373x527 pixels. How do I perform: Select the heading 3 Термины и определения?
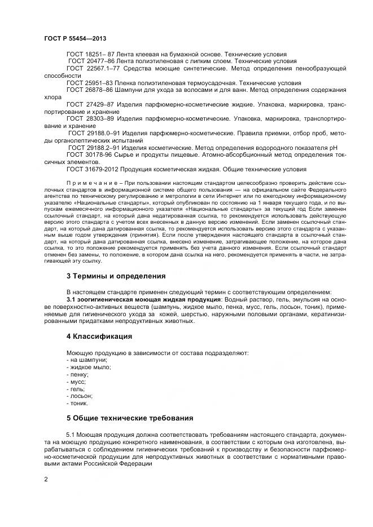pos(116,276)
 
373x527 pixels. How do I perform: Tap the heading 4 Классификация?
pos(99,336)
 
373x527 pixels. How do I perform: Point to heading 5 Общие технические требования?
pos(130,418)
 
